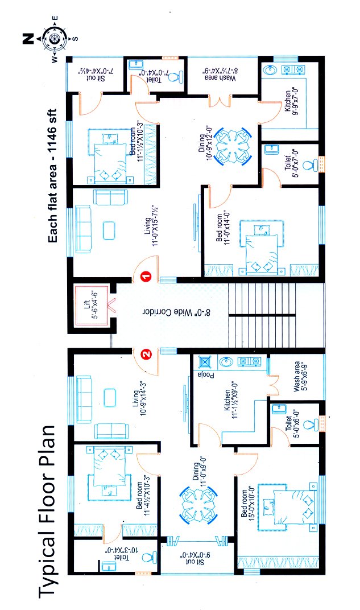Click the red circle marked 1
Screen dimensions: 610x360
pos(146,277)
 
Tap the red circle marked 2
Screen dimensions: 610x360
pos(146,355)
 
